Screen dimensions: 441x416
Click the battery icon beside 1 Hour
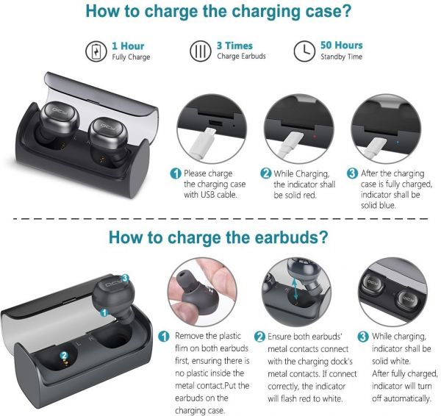(96, 51)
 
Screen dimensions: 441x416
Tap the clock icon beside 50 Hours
(304, 51)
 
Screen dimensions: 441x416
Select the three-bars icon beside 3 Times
(200, 51)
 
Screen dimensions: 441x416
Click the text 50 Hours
(342, 46)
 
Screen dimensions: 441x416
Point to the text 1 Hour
(128, 46)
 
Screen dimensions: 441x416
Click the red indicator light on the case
(314, 137)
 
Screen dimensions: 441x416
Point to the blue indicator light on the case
(398, 143)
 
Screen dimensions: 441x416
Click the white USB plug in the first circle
(203, 142)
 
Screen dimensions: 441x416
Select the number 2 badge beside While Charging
(266, 173)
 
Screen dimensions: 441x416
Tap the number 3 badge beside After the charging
(352, 173)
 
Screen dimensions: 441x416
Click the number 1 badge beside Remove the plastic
(164, 337)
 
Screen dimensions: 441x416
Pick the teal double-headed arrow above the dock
(295, 289)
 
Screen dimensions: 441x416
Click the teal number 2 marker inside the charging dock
(64, 356)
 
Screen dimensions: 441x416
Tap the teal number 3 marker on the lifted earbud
(125, 279)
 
